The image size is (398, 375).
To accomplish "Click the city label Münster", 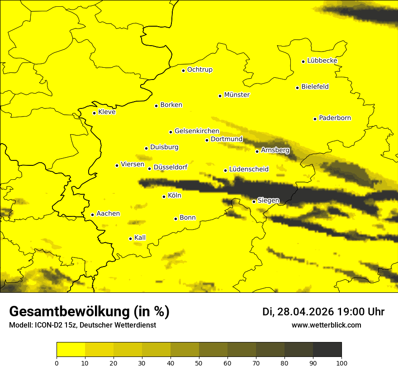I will click(x=237, y=95).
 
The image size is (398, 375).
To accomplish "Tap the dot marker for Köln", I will click(x=164, y=197).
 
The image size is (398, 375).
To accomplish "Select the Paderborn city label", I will click(x=335, y=118).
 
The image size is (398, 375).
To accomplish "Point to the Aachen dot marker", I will click(x=92, y=215).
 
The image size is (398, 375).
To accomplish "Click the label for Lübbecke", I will click(x=322, y=61).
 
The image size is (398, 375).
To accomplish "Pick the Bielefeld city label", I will click(x=315, y=86).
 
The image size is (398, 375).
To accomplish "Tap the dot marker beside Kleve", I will click(x=94, y=113).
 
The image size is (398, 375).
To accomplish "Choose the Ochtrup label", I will click(x=199, y=70).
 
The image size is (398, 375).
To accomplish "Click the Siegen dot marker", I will click(x=254, y=202).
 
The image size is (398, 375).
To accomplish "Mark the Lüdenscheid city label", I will click(x=249, y=169).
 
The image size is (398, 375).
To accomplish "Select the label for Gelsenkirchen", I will click(x=197, y=131).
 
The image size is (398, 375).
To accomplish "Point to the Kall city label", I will click(x=140, y=238).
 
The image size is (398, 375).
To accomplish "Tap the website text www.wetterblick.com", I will click(x=326, y=325).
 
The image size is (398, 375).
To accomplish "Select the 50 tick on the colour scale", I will click(x=199, y=362).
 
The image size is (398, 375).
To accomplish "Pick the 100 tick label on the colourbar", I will click(x=341, y=362).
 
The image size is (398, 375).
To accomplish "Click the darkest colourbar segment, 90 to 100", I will click(x=327, y=349).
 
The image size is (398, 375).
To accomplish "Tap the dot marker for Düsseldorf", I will click(x=149, y=169).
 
